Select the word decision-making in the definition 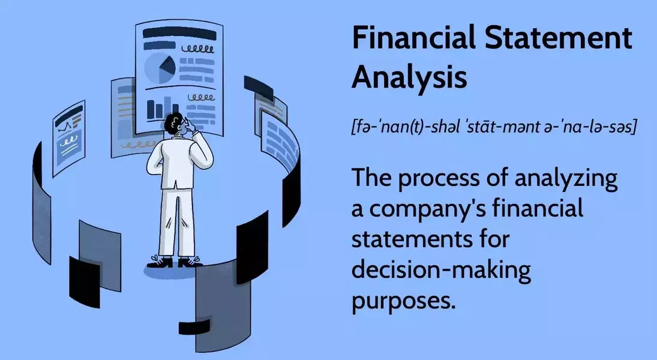click(441, 270)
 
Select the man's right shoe click(191, 262)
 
